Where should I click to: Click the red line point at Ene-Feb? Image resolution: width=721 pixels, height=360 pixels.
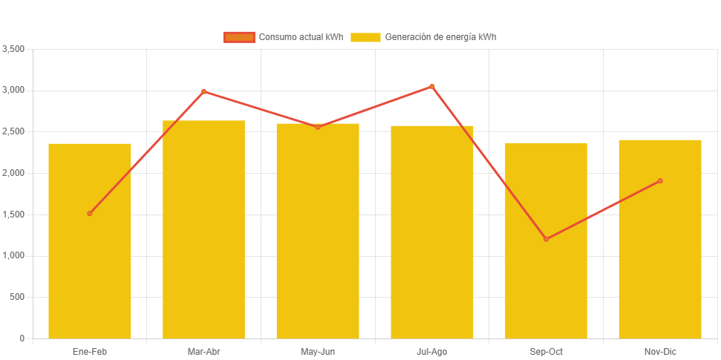click(x=90, y=214)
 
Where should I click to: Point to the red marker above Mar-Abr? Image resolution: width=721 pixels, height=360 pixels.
click(x=203, y=91)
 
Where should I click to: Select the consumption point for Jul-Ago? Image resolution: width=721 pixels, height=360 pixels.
click(x=431, y=87)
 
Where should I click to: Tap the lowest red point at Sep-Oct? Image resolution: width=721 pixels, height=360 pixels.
click(x=546, y=239)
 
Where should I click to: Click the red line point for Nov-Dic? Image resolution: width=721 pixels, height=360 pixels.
click(x=659, y=181)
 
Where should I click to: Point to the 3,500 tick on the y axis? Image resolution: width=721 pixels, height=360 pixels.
click(x=14, y=49)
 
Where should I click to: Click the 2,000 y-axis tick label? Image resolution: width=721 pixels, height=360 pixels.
click(x=14, y=173)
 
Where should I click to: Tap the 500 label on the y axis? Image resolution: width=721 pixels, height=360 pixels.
click(x=18, y=297)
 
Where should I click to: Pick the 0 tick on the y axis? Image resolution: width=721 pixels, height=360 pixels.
click(x=22, y=338)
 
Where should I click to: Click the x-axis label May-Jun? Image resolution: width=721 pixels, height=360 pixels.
click(x=318, y=351)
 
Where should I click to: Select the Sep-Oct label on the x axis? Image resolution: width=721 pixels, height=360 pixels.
click(x=546, y=351)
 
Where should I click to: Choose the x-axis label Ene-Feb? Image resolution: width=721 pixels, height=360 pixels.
click(x=90, y=351)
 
